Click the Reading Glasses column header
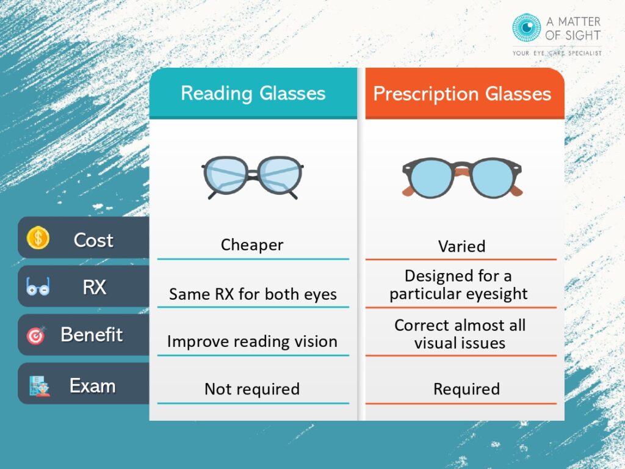tap(253, 93)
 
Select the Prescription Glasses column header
tap(462, 93)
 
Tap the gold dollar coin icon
tap(38, 238)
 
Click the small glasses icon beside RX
tap(38, 286)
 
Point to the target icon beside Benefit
tap(35, 335)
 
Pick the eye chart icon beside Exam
tap(38, 385)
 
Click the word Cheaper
tap(252, 245)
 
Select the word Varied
tap(462, 247)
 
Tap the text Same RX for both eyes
tap(253, 294)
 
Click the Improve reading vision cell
tap(252, 341)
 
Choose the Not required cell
tap(252, 389)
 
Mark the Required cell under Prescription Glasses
tap(466, 389)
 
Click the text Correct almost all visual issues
tap(460, 334)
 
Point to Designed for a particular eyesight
tap(458, 285)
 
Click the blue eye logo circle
tap(526, 28)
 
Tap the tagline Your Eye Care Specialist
tap(557, 53)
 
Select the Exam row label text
tap(92, 385)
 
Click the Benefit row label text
tap(92, 335)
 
